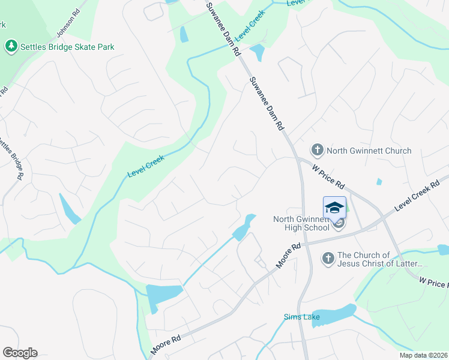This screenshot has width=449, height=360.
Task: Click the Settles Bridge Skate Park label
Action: pyautogui.click(x=67, y=46)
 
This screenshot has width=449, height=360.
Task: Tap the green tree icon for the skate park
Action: pyautogui.click(x=10, y=46)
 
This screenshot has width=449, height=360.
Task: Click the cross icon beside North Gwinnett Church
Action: pyautogui.click(x=317, y=150)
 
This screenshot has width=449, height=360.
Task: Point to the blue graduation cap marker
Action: pyautogui.click(x=334, y=208)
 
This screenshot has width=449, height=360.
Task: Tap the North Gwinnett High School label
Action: pyautogui.click(x=301, y=223)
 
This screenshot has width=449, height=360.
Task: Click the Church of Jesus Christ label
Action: pyautogui.click(x=381, y=259)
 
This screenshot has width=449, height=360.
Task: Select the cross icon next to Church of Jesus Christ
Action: pyautogui.click(x=328, y=259)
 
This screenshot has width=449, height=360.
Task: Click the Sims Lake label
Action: pyautogui.click(x=298, y=317)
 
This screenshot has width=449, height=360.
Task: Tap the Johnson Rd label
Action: pyautogui.click(x=68, y=22)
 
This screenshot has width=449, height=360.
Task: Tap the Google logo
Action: pyautogui.click(x=20, y=353)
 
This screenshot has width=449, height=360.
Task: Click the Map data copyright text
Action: pyautogui.click(x=423, y=355)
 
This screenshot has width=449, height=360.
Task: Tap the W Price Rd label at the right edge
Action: pyautogui.click(x=433, y=282)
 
